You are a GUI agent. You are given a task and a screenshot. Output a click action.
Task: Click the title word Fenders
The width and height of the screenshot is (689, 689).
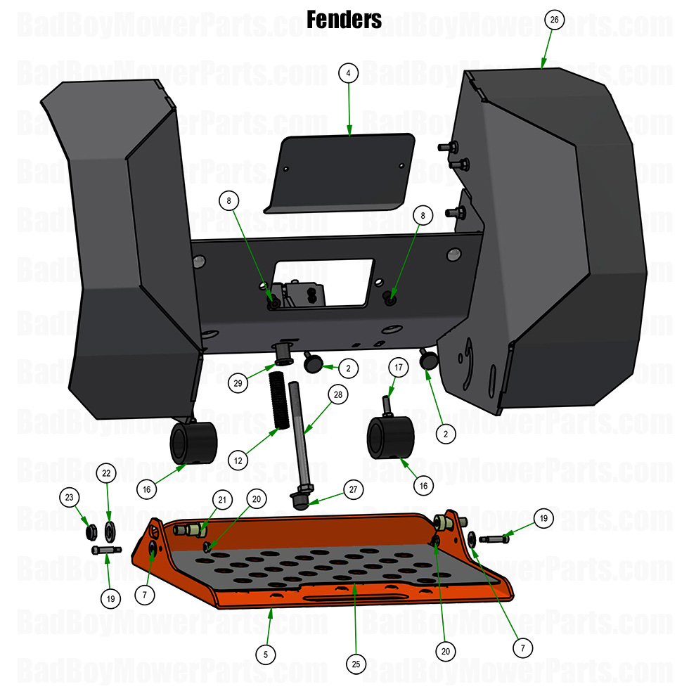pos(344,19)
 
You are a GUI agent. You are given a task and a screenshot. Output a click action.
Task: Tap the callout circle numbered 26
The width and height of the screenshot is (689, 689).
pos(554,20)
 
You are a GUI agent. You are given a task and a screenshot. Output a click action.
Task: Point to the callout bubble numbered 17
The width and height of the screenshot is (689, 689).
pos(398,367)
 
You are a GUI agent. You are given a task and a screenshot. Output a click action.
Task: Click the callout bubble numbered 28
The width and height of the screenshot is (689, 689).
pos(338,395)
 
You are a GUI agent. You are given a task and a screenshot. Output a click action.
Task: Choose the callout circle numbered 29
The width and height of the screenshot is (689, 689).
pos(238,383)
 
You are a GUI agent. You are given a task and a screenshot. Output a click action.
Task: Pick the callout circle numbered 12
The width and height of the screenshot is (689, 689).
pos(239,461)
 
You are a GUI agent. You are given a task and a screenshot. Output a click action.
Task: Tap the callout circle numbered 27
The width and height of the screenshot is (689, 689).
pos(351,489)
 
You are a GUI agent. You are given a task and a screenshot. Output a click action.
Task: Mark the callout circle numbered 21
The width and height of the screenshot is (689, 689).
pos(222,500)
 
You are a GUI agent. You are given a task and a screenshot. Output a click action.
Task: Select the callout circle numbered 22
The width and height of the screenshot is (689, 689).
pos(106,473)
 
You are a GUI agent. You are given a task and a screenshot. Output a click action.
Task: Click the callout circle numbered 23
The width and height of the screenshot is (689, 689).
pos(69,497)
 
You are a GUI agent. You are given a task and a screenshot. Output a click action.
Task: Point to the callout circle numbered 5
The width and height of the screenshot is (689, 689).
pos(265,654)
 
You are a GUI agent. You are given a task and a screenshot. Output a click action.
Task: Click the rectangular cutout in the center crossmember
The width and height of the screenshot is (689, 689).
pos(323,281)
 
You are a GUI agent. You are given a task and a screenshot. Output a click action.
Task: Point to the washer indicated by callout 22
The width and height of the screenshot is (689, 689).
pos(110,529)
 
